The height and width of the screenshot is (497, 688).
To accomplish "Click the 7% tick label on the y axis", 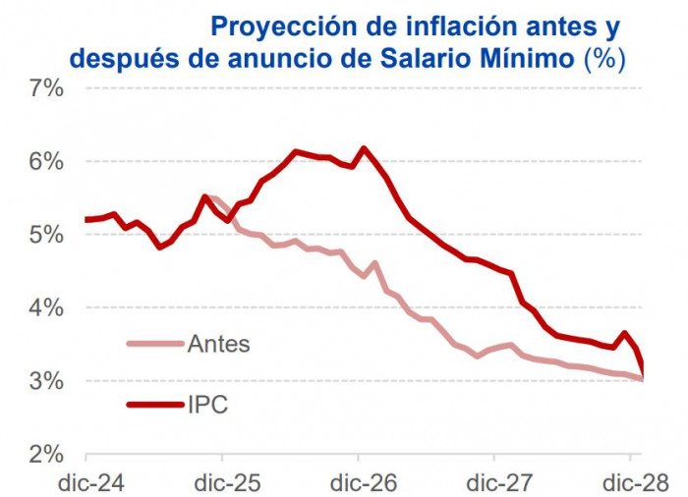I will pyautogui.click(x=43, y=88).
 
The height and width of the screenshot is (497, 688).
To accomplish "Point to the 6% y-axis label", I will pyautogui.click(x=43, y=162).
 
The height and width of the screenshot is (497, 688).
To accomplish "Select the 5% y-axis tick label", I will pyautogui.click(x=43, y=236).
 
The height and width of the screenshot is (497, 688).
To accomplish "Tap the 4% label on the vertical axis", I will pyautogui.click(x=43, y=308).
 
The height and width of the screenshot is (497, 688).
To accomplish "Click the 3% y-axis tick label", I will pyautogui.click(x=43, y=381).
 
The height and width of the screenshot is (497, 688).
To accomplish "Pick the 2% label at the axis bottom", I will pyautogui.click(x=43, y=455).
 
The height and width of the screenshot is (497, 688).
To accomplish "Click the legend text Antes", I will pyautogui.click(x=218, y=344).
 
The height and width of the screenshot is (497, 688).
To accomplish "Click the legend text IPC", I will pyautogui.click(x=207, y=403).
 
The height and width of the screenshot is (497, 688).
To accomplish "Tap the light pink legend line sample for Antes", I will pyautogui.click(x=154, y=344).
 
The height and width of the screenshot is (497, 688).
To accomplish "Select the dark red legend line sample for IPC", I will pyautogui.click(x=154, y=403).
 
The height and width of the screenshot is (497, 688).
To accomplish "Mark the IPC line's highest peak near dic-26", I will pyautogui.click(x=364, y=148).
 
